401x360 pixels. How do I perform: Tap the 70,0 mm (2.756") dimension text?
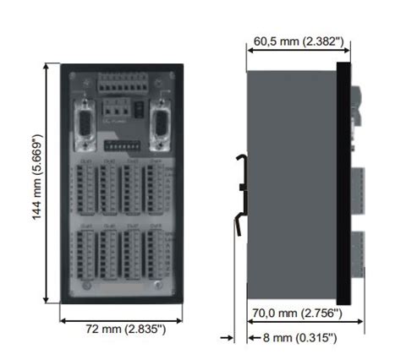pos(296,314)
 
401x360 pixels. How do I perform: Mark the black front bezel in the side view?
pos(343,182)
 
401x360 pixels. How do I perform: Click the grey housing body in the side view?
pos(292,182)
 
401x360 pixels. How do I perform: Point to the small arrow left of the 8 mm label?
pos(228,338)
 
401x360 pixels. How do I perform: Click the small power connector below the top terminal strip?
pos(119,109)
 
